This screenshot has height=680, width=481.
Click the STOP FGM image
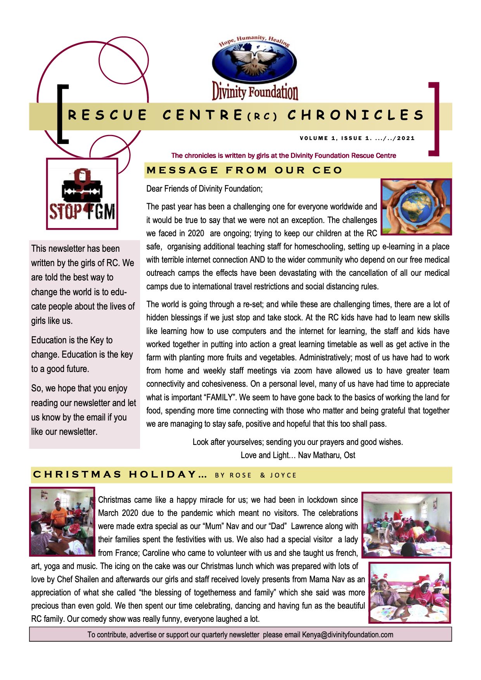click(x=82, y=194)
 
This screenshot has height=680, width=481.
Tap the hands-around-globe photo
click(x=416, y=207)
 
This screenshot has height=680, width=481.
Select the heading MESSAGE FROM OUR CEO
click(x=244, y=170)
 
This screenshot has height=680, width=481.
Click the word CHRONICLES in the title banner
click(x=356, y=115)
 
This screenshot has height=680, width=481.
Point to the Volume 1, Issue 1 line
click(x=357, y=138)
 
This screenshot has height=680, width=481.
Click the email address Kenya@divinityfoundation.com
click(x=348, y=635)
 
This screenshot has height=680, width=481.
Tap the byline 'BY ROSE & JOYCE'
click(x=256, y=475)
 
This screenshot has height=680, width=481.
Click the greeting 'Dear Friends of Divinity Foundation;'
click(x=204, y=189)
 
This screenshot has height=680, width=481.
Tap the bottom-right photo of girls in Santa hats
click(x=409, y=592)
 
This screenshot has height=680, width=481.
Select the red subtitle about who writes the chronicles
click(x=284, y=156)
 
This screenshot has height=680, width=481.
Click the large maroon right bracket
click(x=434, y=119)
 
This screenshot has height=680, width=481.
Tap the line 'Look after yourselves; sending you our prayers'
click(x=298, y=442)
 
